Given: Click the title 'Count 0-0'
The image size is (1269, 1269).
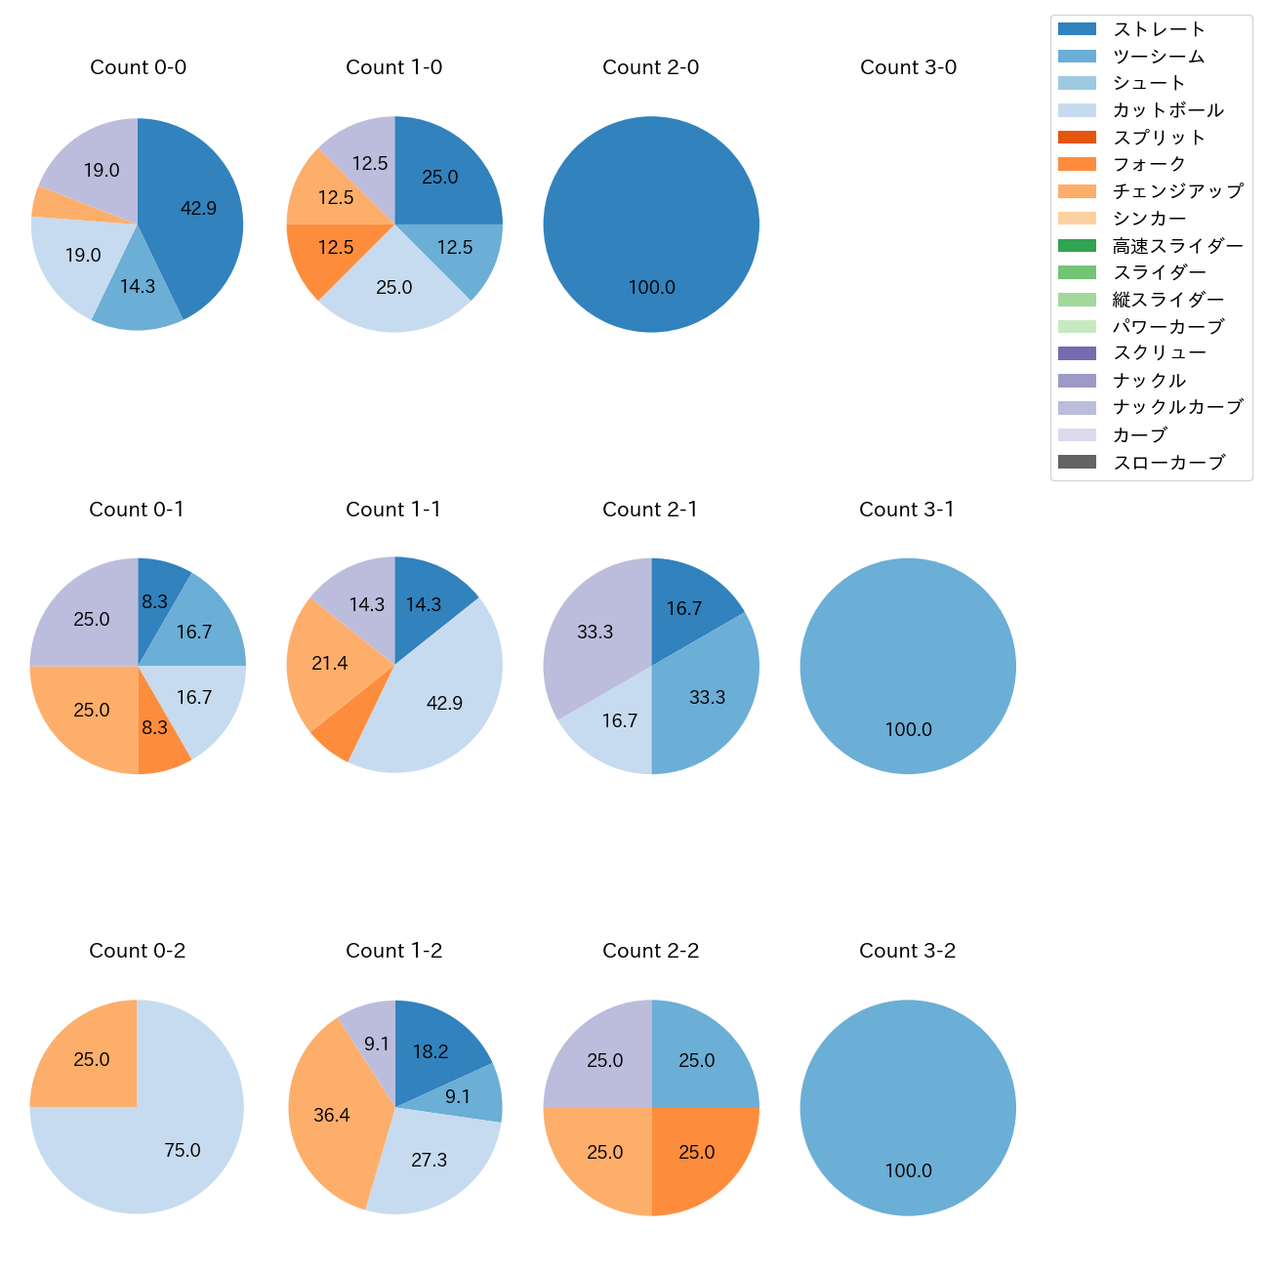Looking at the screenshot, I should pos(138,67).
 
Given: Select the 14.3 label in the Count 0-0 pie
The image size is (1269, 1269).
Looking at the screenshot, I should pos(138,286).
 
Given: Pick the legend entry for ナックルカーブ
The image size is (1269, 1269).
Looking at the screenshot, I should pos(1177,407).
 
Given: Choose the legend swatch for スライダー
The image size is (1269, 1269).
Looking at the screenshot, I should pos(1077,272).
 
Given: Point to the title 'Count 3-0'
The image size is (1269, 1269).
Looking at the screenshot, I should pos(908,67).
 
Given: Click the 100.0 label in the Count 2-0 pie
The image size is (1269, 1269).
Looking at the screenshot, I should pos(651,287).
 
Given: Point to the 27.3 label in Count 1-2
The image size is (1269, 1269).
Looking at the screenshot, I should pos(429,1160).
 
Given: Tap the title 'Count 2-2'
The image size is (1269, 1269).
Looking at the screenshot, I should pos(651,951).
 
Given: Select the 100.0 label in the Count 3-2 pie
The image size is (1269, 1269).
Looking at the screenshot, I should pos(908,1170).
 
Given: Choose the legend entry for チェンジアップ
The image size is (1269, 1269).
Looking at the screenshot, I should pos(1177,191).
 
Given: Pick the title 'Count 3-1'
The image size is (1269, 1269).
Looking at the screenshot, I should pos(907,510).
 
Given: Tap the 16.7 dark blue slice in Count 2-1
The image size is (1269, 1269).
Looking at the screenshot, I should pos(688,600).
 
